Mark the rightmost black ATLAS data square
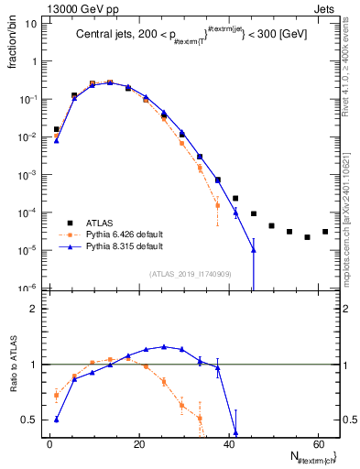[x=325, y=232]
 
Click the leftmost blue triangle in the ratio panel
[x=57, y=420]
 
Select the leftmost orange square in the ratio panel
[x=57, y=396]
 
